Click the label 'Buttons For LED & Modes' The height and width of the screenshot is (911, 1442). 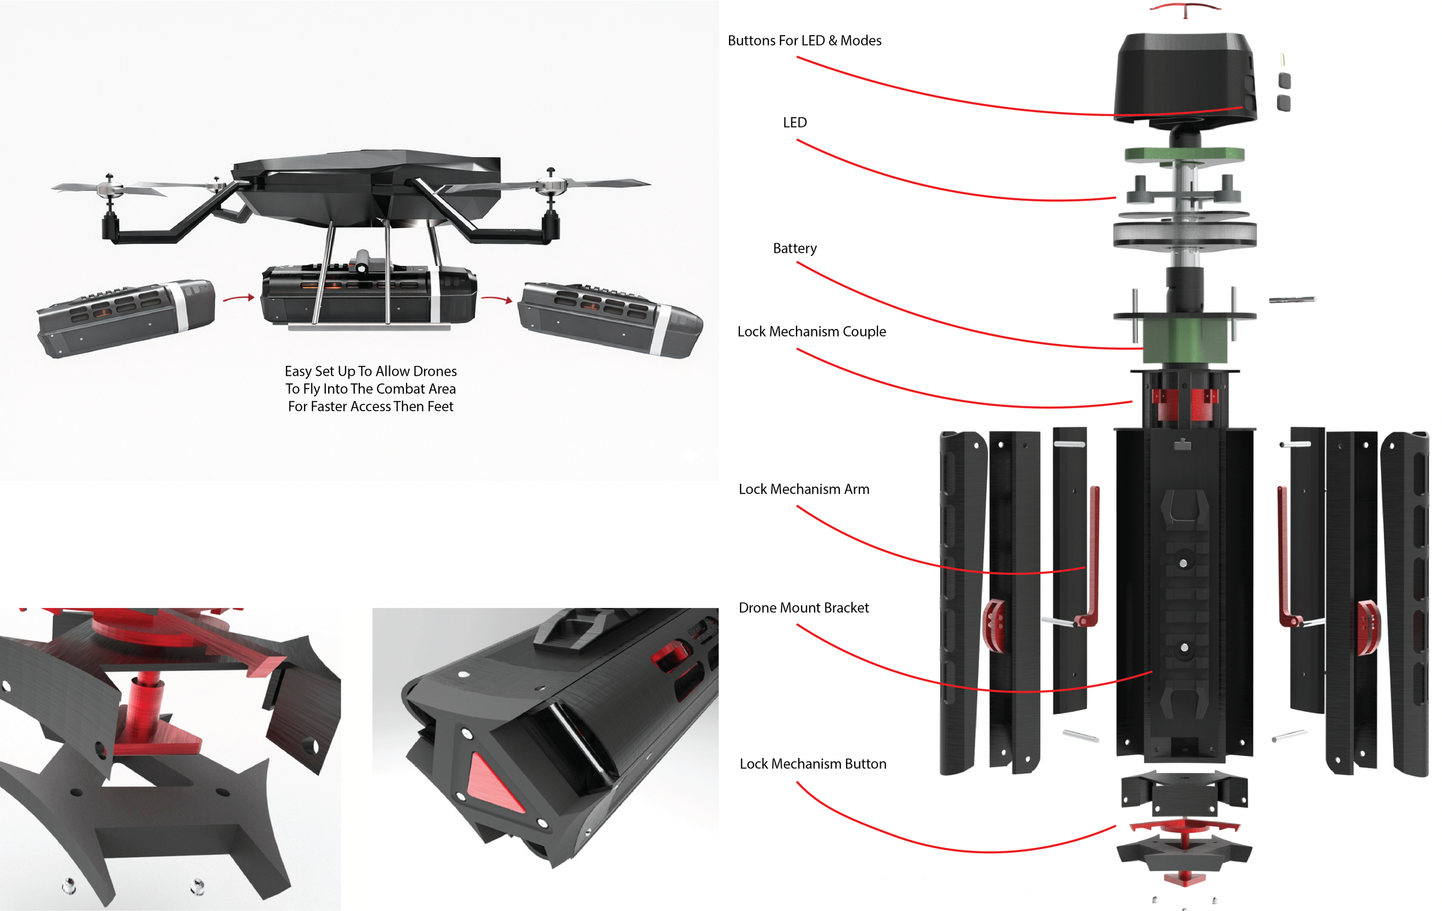804,41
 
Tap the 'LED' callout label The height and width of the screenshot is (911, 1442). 795,123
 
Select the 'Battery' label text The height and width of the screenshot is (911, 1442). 795,249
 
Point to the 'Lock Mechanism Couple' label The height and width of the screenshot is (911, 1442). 812,332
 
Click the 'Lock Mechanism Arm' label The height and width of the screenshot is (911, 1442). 803,490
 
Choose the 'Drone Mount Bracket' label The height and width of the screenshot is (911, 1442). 803,608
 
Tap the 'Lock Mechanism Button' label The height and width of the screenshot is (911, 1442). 813,764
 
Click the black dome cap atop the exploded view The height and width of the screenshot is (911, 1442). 1184,75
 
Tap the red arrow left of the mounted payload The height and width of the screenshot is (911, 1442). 239,298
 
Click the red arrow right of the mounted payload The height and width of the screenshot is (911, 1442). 497,298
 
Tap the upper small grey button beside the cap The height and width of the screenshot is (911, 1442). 1285,80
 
